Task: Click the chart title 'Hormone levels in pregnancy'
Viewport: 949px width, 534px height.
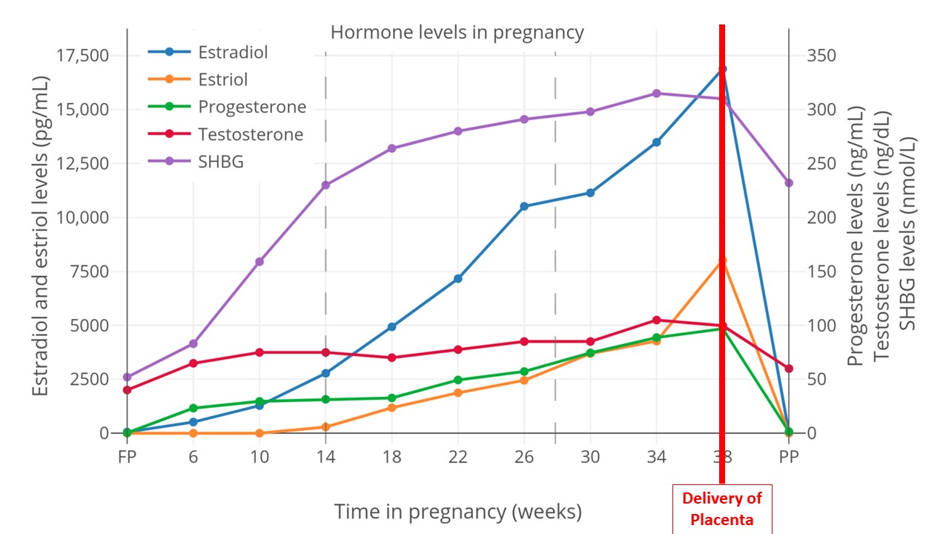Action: tap(457, 33)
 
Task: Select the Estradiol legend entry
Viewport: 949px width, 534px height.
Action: tap(232, 52)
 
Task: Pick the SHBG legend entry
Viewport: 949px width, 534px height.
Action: tap(220, 162)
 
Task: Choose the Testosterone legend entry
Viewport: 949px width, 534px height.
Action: tap(250, 134)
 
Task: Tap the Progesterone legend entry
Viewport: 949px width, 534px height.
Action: tap(251, 107)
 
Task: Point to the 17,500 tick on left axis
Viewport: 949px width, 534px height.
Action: tap(83, 56)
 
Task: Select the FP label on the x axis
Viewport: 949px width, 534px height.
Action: tap(128, 458)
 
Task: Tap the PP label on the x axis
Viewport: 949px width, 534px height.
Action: tap(789, 458)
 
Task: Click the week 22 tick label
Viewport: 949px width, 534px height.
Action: tap(458, 458)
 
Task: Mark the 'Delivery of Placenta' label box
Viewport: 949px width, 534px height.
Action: tap(721, 509)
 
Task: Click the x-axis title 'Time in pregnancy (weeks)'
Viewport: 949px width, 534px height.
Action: tap(457, 511)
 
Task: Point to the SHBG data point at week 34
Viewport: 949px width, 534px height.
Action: tap(656, 93)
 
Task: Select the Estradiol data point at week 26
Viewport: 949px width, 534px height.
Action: tap(524, 206)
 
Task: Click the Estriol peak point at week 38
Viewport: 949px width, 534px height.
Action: tap(722, 261)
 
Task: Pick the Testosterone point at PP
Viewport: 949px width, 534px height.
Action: tap(789, 369)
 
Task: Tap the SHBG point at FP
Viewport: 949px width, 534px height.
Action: tap(128, 377)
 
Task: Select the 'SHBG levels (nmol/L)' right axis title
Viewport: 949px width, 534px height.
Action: tap(908, 234)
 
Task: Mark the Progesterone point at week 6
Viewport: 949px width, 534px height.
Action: tap(194, 408)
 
